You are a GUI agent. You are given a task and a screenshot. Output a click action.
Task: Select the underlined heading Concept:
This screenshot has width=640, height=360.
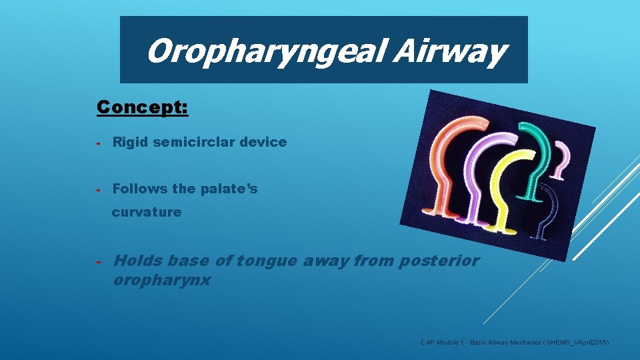point(143,107)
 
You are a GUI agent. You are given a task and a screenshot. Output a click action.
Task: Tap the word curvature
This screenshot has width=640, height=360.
point(147,212)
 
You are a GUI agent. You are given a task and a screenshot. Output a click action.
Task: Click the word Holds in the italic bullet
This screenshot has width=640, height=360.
point(138,261)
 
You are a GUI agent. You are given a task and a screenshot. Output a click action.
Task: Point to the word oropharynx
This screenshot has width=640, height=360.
point(162,280)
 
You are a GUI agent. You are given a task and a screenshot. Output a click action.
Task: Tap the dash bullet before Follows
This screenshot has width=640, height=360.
point(98,189)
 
